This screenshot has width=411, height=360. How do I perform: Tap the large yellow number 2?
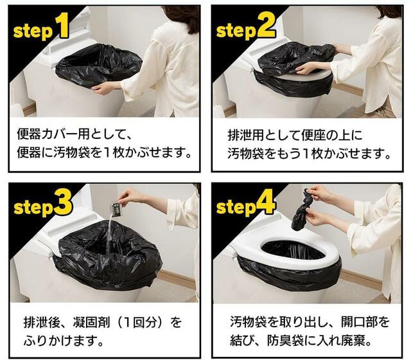(x=266, y=26)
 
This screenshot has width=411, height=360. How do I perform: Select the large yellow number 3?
(x=63, y=203)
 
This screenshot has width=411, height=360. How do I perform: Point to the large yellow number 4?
(x=266, y=203)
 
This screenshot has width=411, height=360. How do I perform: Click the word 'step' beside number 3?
(x=33, y=208)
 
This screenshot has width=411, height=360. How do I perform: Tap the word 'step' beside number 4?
(x=236, y=208)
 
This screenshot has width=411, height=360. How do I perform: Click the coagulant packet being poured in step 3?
(x=116, y=208)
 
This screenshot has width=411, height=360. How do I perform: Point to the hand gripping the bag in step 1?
(x=104, y=88)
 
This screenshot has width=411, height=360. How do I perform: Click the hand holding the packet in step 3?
(x=129, y=195)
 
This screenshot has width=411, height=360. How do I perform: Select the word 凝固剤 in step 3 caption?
(x=91, y=321)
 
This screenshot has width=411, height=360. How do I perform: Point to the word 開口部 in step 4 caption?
(x=358, y=321)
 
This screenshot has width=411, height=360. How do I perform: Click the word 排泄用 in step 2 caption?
(x=245, y=135)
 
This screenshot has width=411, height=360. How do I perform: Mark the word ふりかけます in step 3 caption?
(x=59, y=341)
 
